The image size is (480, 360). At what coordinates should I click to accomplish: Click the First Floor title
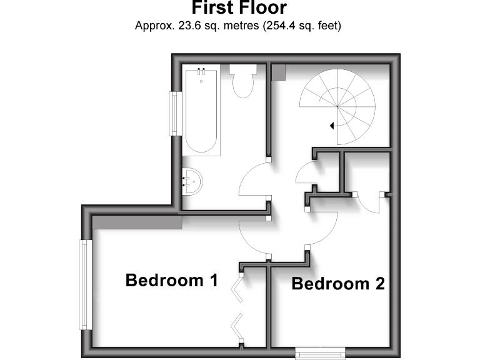tap(239, 8)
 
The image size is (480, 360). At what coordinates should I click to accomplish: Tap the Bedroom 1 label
tap(171, 280)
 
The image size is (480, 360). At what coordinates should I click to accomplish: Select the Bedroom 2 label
tap(337, 284)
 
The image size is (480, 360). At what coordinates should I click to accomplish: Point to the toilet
tap(241, 85)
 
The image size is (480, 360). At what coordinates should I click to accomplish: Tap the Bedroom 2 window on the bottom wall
tap(319, 354)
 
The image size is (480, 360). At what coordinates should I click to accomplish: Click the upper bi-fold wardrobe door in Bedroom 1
tap(237, 289)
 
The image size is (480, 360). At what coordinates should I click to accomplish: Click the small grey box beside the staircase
tap(279, 72)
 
